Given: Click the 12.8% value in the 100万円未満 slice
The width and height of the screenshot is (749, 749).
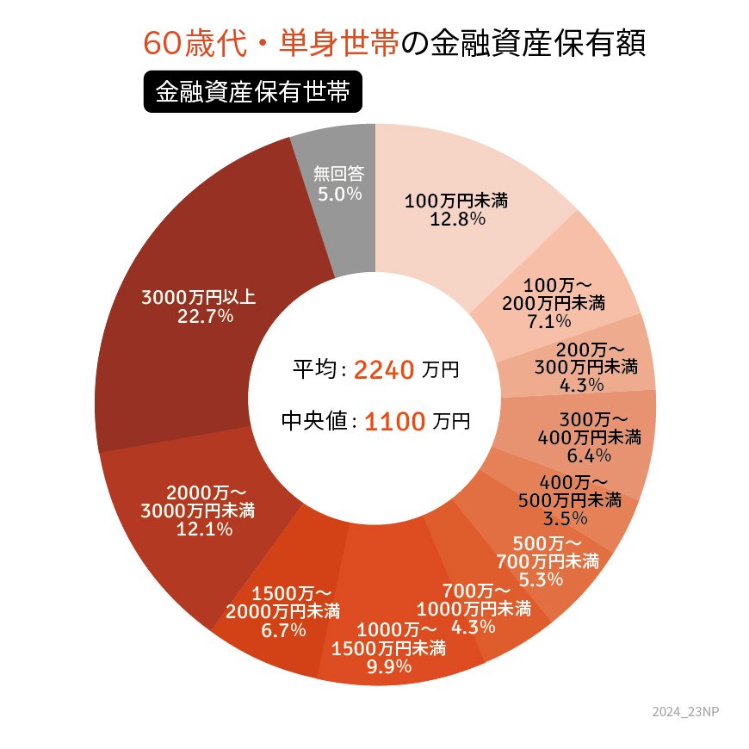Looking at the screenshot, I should pos(456,220).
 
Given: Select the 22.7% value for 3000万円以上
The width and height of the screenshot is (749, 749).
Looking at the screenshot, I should pos(199,317).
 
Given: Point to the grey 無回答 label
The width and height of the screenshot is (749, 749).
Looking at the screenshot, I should pos(339,175).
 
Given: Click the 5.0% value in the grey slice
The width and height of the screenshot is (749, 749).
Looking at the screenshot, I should pos(339,194).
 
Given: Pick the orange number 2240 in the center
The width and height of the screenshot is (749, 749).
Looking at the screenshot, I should pos(385,370).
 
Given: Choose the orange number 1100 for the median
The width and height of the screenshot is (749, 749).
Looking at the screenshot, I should pos(395,422).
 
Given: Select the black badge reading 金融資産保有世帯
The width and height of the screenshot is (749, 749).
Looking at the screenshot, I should pos(252,93).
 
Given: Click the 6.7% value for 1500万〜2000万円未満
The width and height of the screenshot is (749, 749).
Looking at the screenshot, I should pos(282,630).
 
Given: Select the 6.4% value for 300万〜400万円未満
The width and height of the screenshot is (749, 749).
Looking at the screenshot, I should pos(589,455).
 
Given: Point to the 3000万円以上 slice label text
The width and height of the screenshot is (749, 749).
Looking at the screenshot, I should pos(199,298).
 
